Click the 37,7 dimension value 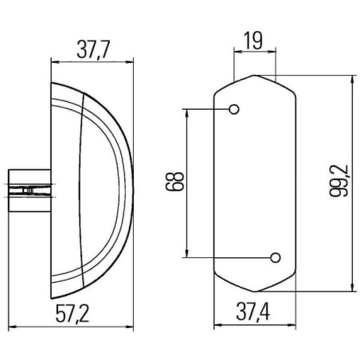point(93,49)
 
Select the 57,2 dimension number point(72,314)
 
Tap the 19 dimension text point(253,41)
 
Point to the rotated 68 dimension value point(174,182)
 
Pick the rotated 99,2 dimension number point(338,181)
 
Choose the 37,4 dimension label point(253,311)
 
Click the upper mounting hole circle point(234,109)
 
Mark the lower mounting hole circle point(276,257)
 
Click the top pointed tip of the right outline point(255,75)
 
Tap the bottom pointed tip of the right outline point(255,292)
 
